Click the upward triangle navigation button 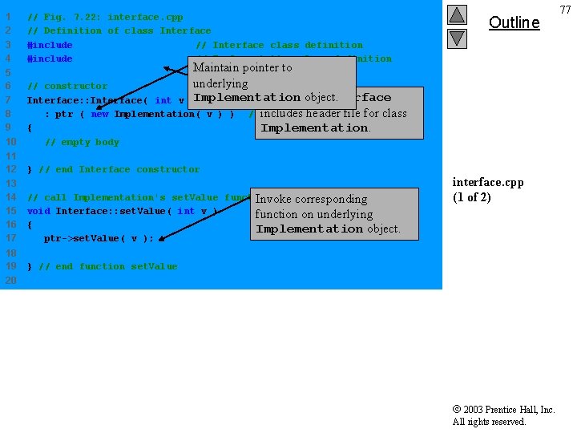click(456, 14)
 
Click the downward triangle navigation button click(456, 38)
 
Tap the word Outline click(514, 22)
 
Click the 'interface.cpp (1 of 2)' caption click(487, 189)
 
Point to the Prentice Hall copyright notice click(503, 415)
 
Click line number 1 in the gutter click(7, 17)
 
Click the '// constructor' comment click(67, 86)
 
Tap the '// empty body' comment click(82, 142)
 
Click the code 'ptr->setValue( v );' click(99, 238)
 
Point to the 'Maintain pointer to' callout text click(242, 67)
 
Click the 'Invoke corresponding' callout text click(311, 199)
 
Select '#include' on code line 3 click(50, 45)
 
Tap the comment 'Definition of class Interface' click(119, 30)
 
